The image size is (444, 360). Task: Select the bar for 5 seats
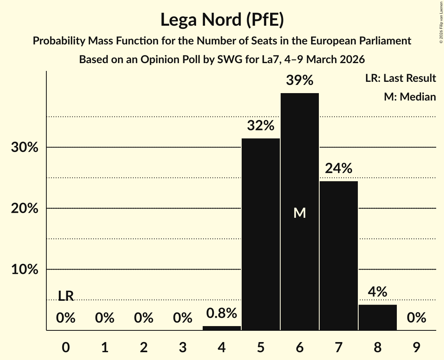point(261,234)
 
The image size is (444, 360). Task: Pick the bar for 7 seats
point(339,256)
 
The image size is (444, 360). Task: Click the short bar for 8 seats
point(378,317)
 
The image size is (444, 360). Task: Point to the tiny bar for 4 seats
point(222,328)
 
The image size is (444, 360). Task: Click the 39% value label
point(300,80)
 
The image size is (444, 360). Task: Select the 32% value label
point(261,125)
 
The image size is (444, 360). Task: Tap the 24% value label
point(339,168)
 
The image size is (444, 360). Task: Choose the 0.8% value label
point(222,313)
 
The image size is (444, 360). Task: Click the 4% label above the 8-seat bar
point(378,292)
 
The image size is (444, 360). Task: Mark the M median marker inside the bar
point(300,213)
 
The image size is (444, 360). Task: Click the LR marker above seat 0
point(66,296)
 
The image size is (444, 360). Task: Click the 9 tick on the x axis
point(417,346)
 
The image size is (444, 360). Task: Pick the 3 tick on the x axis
point(183,346)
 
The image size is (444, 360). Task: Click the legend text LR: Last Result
point(400,78)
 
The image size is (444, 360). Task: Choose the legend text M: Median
point(410,97)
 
